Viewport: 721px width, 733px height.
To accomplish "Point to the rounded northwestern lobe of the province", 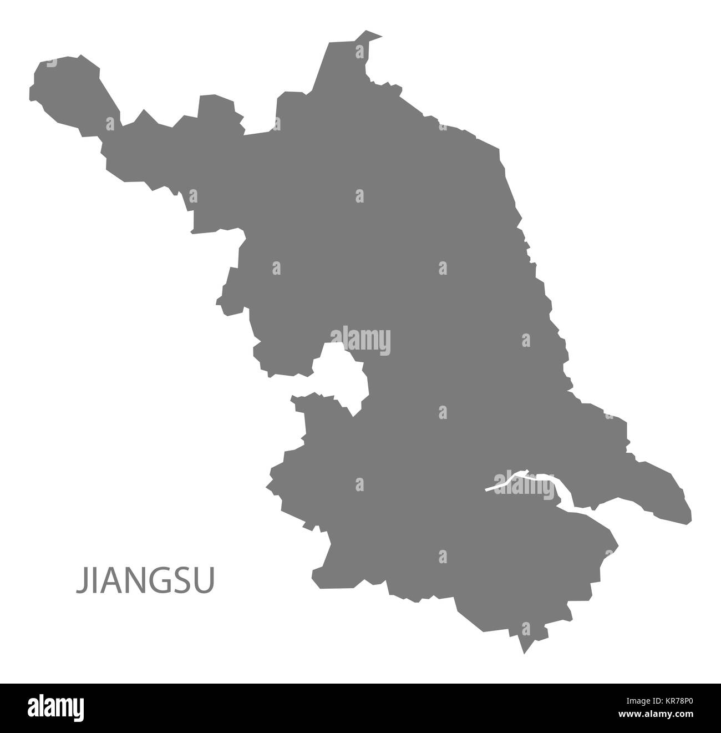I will click(67, 89).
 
